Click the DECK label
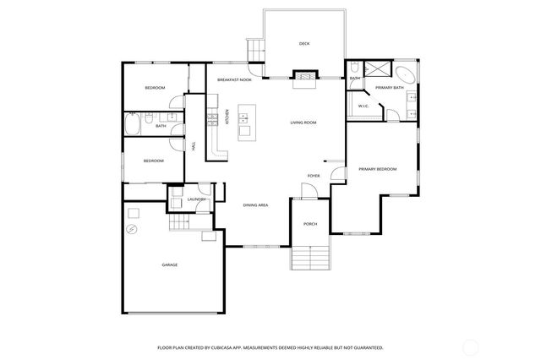pos(303,44)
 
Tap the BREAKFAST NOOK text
pos(234,79)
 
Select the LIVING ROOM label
pos(303,123)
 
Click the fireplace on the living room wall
pos(303,76)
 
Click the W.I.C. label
pos(363,106)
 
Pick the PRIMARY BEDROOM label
pos(377,170)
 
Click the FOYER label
pos(313,176)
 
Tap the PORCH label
pos(309,224)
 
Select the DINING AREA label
pos(255,205)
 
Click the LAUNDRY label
pos(197,199)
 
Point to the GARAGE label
pos(170,265)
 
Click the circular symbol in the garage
pos(132,229)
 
